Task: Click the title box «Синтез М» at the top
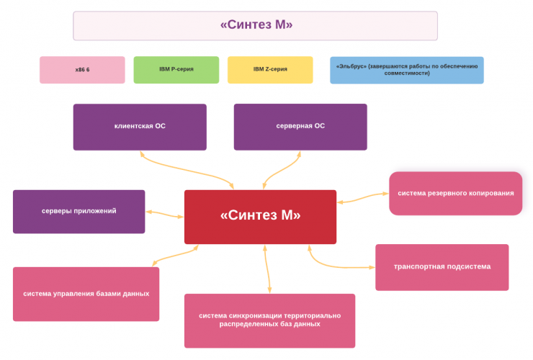click(x=255, y=25)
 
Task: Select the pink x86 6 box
click(x=82, y=70)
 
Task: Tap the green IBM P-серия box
click(x=176, y=70)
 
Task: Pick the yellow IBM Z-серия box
click(x=270, y=70)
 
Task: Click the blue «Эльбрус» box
click(x=406, y=70)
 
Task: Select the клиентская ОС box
click(x=140, y=127)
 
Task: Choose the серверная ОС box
click(x=300, y=127)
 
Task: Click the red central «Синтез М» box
click(x=260, y=217)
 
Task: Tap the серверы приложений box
click(x=79, y=212)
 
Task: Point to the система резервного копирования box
click(x=455, y=193)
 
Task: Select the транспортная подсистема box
click(x=442, y=267)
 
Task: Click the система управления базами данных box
click(x=86, y=294)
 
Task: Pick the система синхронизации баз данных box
click(x=269, y=320)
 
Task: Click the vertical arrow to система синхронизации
click(x=269, y=269)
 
